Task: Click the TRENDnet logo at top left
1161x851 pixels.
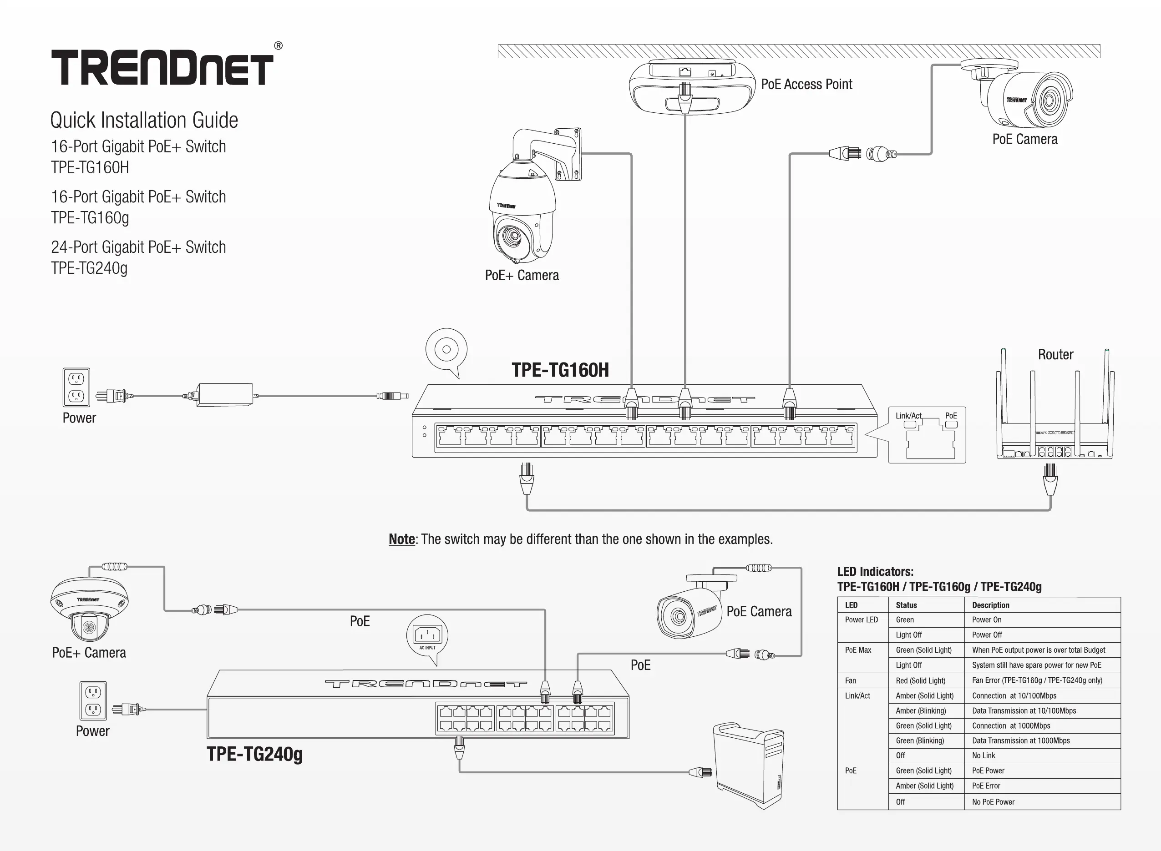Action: click(162, 67)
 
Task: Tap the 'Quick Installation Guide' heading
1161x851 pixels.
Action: click(144, 120)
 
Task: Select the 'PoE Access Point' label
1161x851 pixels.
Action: click(806, 85)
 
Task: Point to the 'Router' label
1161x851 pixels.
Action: click(1055, 354)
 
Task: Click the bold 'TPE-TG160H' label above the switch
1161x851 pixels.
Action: click(560, 370)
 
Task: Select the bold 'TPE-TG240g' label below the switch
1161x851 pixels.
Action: click(254, 754)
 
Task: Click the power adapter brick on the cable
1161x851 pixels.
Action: click(225, 395)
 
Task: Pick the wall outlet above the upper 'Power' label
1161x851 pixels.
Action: click(76, 387)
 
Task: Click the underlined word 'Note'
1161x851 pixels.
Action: click(401, 539)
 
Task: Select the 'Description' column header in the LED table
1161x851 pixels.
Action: click(990, 605)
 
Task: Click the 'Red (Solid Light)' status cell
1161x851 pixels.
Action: click(920, 680)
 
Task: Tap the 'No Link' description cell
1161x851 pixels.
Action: click(984, 755)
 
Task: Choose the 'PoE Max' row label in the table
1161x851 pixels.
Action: click(858, 650)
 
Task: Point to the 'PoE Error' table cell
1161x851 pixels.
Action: click(986, 786)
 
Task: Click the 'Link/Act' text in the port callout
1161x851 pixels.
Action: click(908, 416)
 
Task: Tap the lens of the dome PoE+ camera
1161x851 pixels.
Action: click(89, 627)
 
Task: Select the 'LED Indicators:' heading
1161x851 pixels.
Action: click(875, 572)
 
